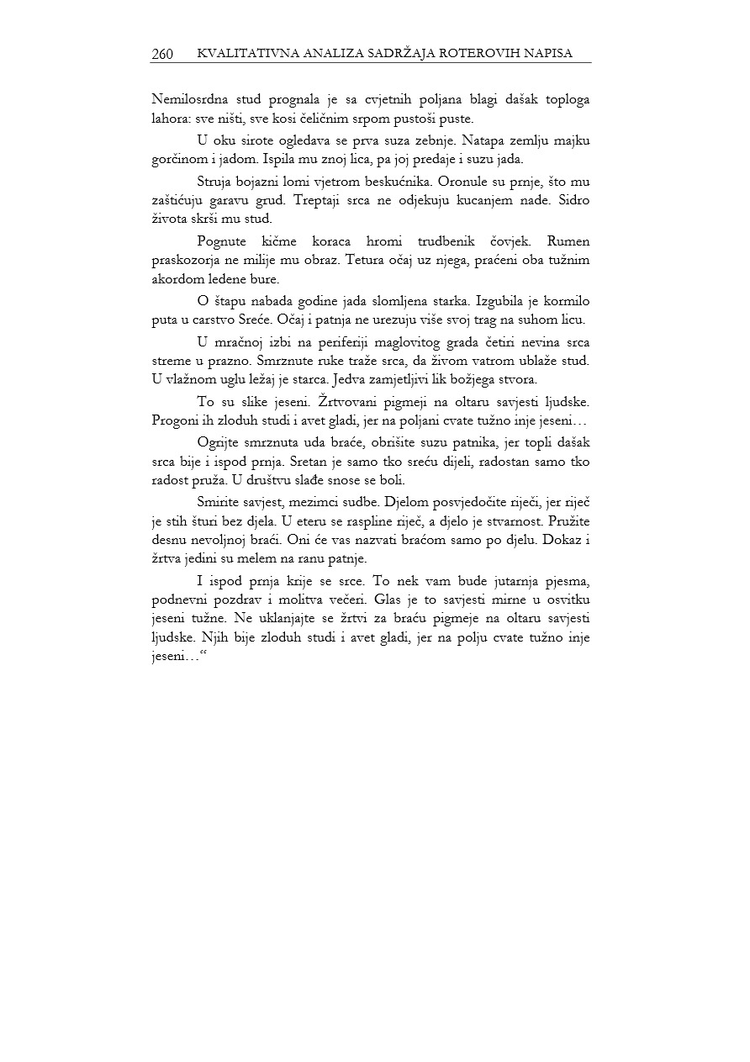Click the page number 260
[162, 54]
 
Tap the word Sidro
[573, 201]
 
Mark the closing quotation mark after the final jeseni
[203, 656]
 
